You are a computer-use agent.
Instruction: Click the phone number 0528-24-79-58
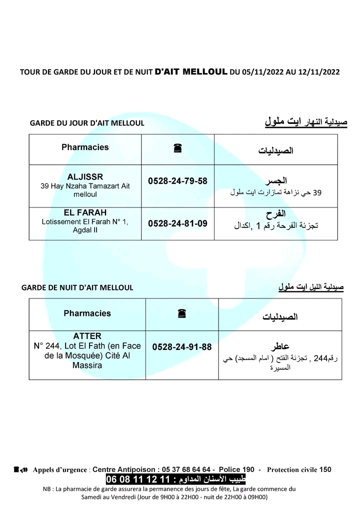coord(177,181)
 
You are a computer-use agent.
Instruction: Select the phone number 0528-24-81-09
coord(177,223)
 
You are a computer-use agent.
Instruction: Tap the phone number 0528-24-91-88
coord(182,346)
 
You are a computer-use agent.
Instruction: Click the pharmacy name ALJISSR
coord(85,177)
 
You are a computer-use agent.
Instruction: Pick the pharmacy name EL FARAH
coord(85,212)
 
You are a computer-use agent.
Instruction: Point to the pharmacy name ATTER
coord(87,336)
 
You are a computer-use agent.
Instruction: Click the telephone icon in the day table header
coord(177,148)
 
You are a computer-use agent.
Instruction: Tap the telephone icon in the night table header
coord(181,313)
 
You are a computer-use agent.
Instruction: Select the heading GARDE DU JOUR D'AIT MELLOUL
coord(87,123)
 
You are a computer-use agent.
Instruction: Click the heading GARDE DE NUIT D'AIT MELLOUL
coord(77,287)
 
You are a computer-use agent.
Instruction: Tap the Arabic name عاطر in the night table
coord(280,346)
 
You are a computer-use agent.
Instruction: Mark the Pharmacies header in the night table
coord(87,313)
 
